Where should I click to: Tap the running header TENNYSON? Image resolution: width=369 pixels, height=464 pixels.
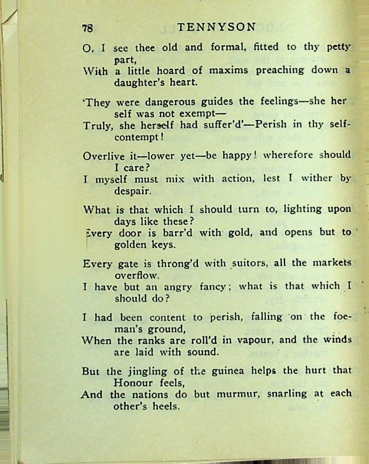(x=216, y=27)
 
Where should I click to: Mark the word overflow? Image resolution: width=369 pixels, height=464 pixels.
(x=137, y=276)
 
